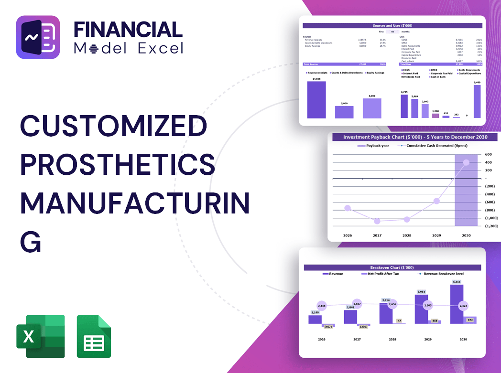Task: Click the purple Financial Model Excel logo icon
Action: click(38, 37)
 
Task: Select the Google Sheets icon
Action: click(94, 336)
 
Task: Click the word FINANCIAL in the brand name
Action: click(128, 30)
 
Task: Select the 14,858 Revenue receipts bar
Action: click(316, 100)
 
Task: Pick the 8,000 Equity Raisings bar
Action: click(372, 108)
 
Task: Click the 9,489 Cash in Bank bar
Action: click(477, 101)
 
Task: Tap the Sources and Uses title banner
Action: click(393, 25)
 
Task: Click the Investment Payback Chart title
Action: click(415, 137)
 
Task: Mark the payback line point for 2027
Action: click(377, 221)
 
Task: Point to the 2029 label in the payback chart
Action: click(436, 235)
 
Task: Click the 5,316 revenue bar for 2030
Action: click(456, 304)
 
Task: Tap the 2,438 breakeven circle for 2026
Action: click(321, 306)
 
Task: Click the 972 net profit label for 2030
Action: click(470, 320)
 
